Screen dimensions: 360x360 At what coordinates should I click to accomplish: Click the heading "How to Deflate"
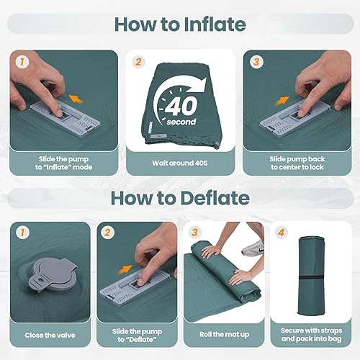(x=179, y=197)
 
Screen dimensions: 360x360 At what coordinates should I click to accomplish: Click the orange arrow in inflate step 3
(x=282, y=102)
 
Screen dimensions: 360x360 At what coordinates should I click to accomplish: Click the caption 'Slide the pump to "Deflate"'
(x=136, y=335)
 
